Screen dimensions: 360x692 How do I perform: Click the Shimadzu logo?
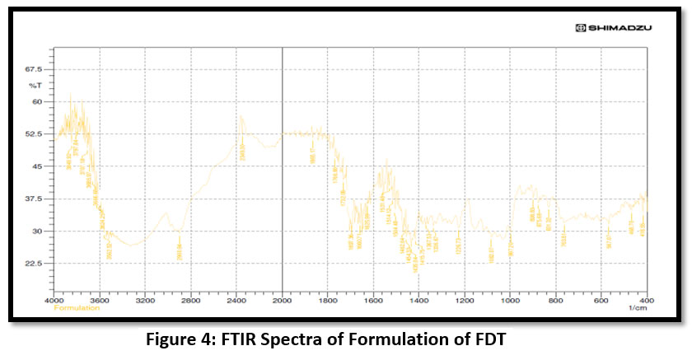point(614,28)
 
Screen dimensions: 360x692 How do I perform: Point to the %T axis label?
point(35,85)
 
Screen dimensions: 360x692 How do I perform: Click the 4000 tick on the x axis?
point(55,302)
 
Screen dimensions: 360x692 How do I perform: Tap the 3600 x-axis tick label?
point(100,302)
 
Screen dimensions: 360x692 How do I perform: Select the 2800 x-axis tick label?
point(191,302)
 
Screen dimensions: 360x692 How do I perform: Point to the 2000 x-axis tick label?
point(283,302)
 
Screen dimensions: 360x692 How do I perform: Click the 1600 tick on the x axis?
point(373,302)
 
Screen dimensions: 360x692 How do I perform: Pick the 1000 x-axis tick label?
point(510,302)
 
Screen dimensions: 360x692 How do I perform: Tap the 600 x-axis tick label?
point(601,302)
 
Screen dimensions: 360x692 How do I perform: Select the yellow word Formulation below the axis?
point(77,308)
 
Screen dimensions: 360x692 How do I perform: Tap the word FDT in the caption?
point(496,339)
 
